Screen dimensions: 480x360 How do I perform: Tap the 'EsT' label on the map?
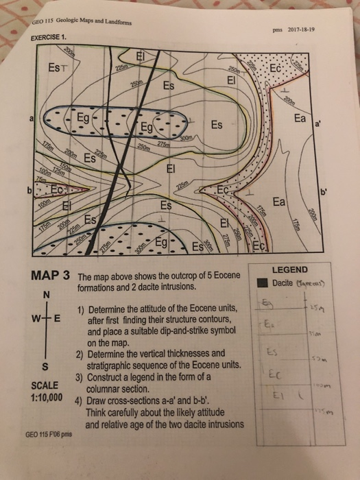point(59,67)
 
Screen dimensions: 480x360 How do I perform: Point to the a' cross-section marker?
point(317,125)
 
